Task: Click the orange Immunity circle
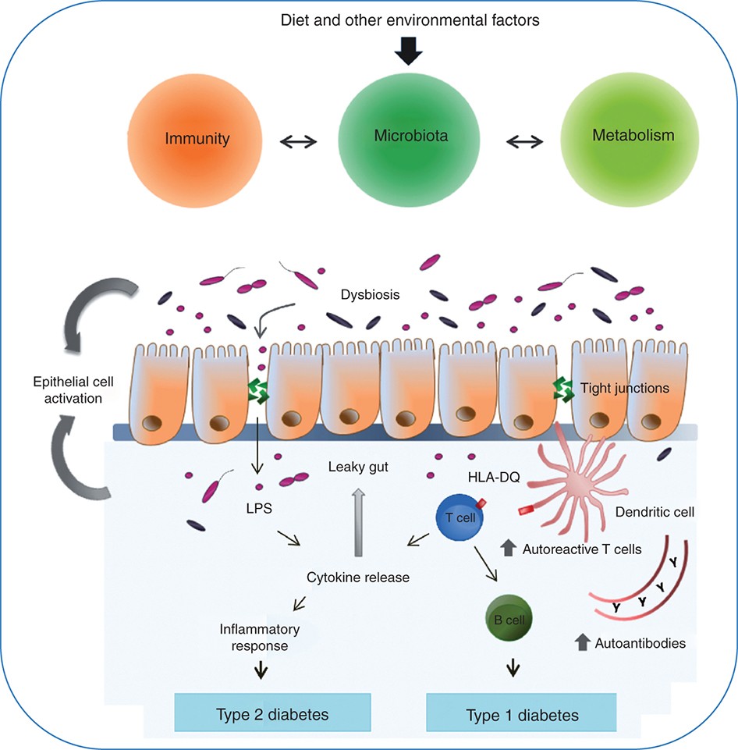click(197, 140)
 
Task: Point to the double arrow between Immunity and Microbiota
click(300, 141)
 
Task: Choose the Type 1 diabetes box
click(511, 713)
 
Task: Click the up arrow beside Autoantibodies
click(582, 643)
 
